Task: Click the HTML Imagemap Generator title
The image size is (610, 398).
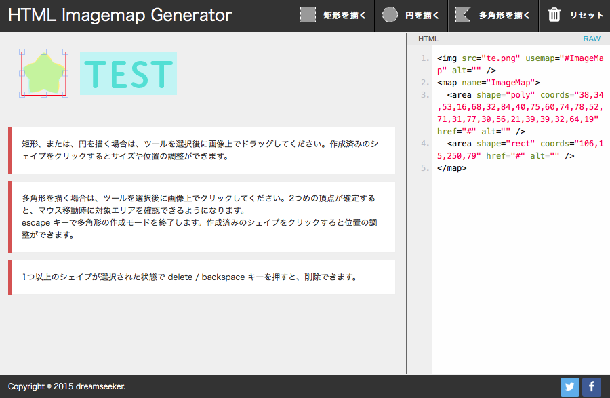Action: click(120, 15)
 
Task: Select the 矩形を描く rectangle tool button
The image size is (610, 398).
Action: click(333, 16)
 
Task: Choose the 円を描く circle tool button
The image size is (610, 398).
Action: click(411, 16)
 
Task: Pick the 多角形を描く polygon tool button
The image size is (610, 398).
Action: click(493, 16)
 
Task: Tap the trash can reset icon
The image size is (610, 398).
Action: click(554, 15)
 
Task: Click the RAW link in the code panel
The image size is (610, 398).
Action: click(591, 39)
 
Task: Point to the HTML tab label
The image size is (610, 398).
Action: click(428, 39)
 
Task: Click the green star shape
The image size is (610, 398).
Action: click(43, 73)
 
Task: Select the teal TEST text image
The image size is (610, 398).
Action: click(128, 73)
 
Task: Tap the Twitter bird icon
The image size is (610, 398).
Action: click(570, 386)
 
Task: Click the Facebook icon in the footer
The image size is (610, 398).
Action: click(591, 386)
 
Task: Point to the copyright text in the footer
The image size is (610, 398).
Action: click(66, 386)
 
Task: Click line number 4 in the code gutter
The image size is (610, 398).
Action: click(425, 144)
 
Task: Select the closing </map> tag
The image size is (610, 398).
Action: click(451, 168)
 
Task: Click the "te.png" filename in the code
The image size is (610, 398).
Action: click(501, 58)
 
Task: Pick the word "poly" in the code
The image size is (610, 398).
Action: click(520, 95)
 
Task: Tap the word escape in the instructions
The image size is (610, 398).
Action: click(36, 223)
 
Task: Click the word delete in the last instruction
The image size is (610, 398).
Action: click(180, 277)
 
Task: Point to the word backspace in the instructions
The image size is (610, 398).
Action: click(223, 277)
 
